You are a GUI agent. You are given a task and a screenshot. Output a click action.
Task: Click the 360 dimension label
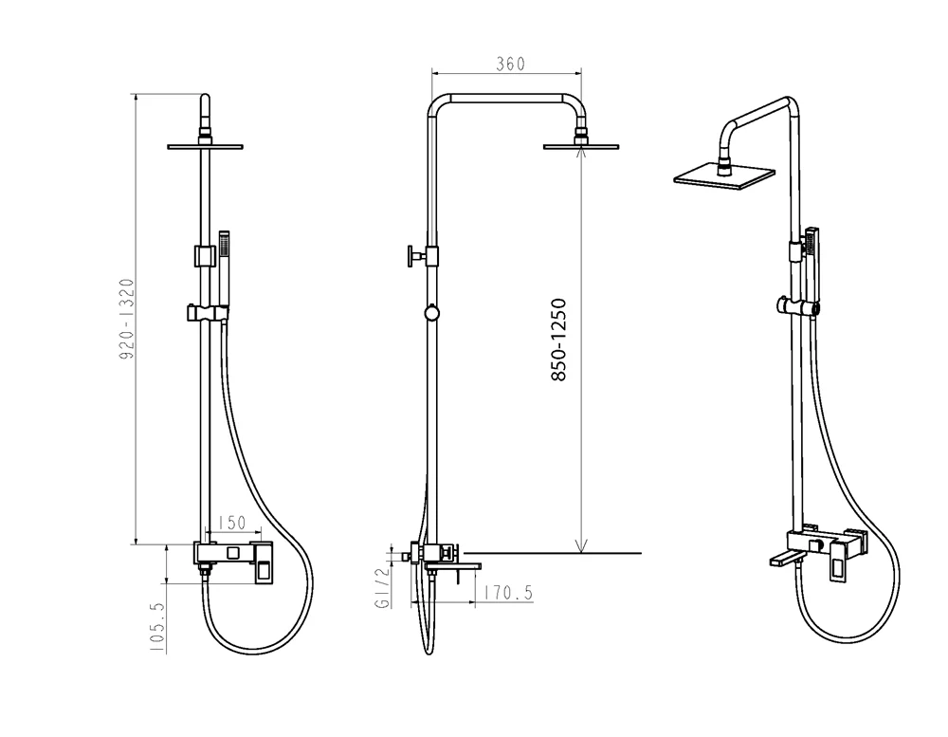point(510,64)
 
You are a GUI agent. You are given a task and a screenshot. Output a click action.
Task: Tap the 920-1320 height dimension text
point(126,319)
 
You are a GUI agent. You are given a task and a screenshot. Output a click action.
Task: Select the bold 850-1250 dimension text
point(558,340)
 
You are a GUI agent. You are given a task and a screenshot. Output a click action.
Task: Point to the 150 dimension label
point(231,523)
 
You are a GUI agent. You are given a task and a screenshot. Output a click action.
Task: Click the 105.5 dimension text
point(157,627)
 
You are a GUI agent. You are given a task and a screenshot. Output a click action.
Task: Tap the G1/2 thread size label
point(383,588)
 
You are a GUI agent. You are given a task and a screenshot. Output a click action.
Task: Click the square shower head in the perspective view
point(724,176)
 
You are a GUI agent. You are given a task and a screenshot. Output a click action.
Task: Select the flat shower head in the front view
point(205,146)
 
